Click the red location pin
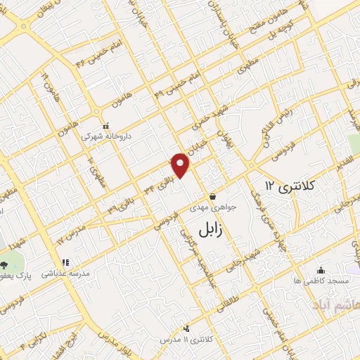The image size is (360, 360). [181, 165]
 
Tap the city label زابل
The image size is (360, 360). [210, 229]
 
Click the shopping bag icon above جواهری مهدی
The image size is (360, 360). [212, 196]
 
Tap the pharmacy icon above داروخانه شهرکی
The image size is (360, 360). [105, 127]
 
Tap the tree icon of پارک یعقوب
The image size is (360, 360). [5, 265]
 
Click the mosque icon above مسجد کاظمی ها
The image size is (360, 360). [321, 270]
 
